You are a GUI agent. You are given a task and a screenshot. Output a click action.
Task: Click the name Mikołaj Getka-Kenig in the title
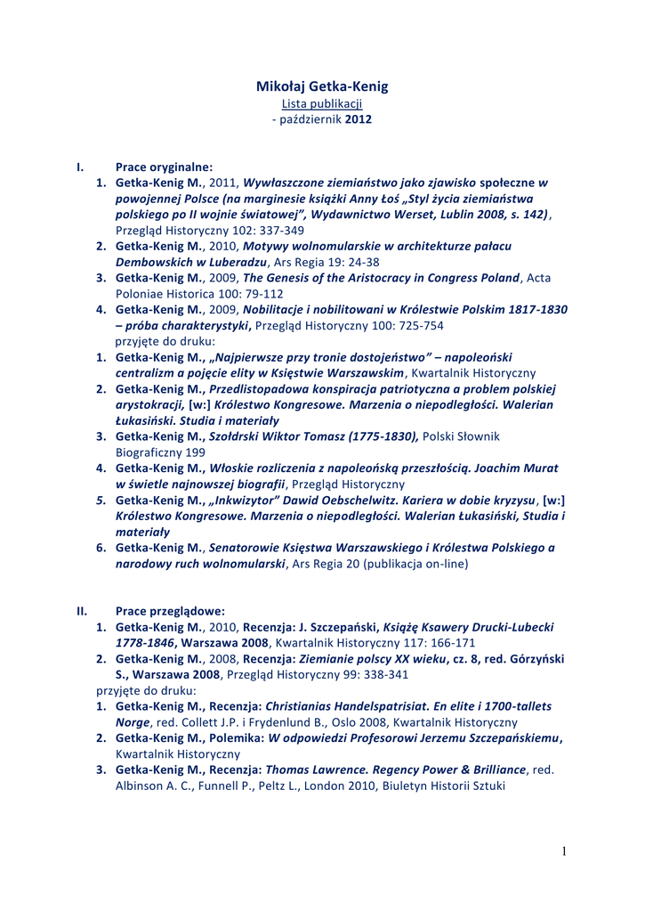pos(322,86)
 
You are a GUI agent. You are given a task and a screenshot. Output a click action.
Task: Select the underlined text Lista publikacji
pos(322,103)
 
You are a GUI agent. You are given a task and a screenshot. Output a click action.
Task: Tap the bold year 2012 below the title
pos(359,118)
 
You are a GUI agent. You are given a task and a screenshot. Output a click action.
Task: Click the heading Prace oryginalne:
pos(165,167)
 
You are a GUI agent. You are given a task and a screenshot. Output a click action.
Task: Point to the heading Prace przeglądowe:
pos(170,611)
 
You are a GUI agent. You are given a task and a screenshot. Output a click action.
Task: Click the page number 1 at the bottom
pos(563,851)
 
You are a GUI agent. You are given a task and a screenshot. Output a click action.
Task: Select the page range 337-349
pos(278,230)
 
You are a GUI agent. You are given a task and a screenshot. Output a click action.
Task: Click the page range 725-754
pos(419,325)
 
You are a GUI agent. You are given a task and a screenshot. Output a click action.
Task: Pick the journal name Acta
pos(539,278)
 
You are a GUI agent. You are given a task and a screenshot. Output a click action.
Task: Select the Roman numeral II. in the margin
pos(82,611)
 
